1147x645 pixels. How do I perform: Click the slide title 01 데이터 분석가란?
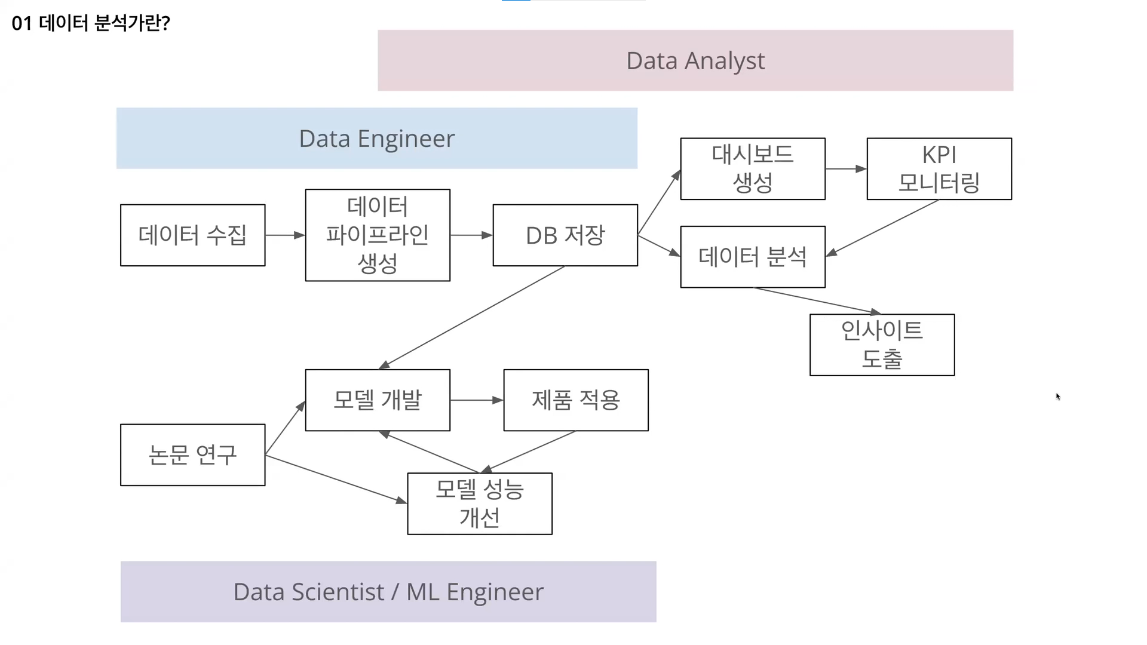(91, 23)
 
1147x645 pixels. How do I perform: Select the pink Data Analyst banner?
(695, 60)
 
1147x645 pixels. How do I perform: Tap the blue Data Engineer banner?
(376, 139)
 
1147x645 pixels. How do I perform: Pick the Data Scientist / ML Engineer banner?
(388, 592)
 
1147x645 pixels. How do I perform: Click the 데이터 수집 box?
(192, 235)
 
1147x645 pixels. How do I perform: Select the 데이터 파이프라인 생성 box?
(378, 235)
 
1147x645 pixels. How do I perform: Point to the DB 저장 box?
(565, 235)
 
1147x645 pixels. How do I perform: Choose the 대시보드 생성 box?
(753, 169)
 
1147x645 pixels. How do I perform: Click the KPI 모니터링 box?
(939, 169)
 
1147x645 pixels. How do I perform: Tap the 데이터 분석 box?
(753, 257)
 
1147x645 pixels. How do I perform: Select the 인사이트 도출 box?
(882, 345)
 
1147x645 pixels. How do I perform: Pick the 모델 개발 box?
(378, 400)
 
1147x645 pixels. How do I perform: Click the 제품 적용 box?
(576, 400)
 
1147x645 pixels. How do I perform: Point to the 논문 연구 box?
(192, 455)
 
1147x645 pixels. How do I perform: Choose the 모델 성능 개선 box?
(480, 504)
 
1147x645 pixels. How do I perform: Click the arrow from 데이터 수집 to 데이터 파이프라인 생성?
(285, 235)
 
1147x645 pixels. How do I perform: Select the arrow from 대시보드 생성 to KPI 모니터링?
(846, 169)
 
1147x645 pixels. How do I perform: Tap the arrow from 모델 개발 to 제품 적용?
(477, 400)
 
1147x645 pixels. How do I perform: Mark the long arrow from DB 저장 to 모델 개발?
(472, 318)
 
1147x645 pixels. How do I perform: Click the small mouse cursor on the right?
(1058, 397)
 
